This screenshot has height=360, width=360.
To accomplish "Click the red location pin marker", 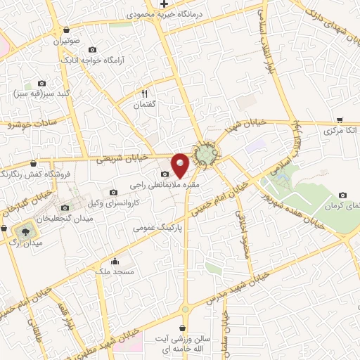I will [181, 165].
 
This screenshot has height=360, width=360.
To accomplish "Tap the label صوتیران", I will [66, 41].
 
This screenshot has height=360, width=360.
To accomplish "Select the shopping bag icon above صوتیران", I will [66, 30].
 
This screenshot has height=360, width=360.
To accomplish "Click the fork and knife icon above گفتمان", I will [145, 93].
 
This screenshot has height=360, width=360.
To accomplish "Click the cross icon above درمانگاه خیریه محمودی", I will [164, 4].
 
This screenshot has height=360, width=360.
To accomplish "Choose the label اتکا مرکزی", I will [340, 131].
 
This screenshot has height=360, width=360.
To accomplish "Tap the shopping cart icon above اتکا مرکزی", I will [340, 120].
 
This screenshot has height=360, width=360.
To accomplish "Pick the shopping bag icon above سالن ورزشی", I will [184, 328].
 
